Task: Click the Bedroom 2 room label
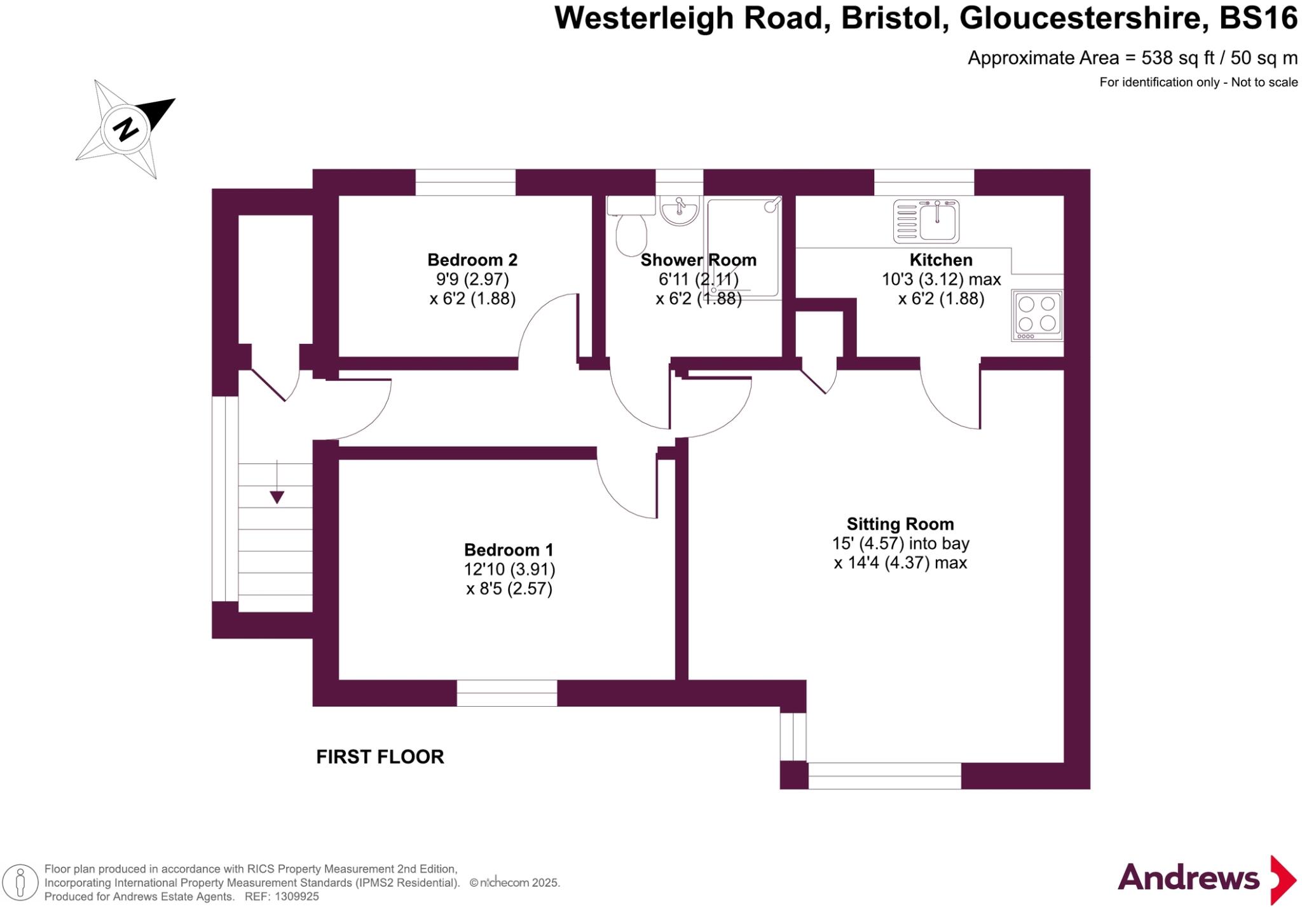click(x=472, y=260)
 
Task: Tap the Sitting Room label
click(x=900, y=524)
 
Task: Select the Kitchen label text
click(x=940, y=260)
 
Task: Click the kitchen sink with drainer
click(x=926, y=221)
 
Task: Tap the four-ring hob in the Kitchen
click(x=1037, y=315)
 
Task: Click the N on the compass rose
click(x=126, y=130)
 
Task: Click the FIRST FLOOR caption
click(x=380, y=757)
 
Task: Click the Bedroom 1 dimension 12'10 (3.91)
click(x=509, y=569)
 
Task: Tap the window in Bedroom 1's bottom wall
click(x=507, y=693)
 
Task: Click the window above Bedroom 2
click(x=465, y=182)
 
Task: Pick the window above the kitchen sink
click(x=924, y=182)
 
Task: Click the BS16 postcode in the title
click(x=1257, y=18)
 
